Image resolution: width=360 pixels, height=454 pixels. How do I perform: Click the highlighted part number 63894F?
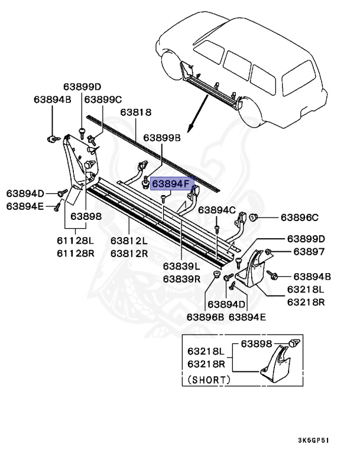(171, 184)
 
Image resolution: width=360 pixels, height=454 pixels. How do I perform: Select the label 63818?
(136, 112)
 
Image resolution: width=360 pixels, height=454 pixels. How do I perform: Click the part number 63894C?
(216, 210)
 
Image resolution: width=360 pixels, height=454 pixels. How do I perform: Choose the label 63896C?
(299, 217)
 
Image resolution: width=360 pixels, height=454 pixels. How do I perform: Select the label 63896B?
(206, 316)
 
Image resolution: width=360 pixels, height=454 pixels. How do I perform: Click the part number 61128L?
(75, 242)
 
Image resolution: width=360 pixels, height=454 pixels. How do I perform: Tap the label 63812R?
(129, 253)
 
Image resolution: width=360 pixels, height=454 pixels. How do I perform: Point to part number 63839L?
(183, 267)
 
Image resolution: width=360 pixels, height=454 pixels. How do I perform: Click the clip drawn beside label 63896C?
(253, 218)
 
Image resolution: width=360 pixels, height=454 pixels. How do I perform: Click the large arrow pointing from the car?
(198, 114)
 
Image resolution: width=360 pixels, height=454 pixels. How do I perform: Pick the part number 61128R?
(75, 253)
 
